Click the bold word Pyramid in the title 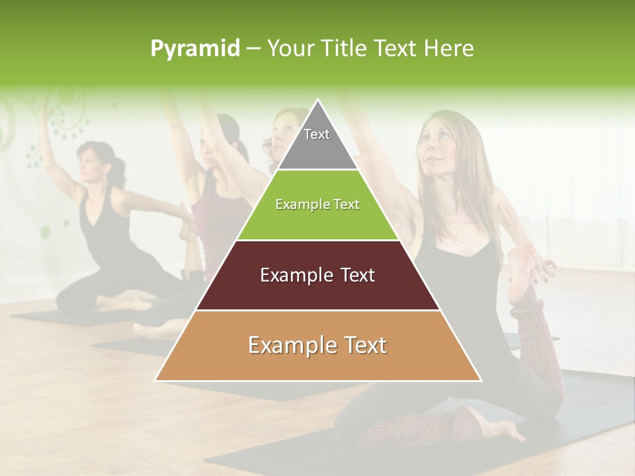[195, 49]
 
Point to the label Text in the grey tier [317, 134]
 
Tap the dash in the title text [253, 49]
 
